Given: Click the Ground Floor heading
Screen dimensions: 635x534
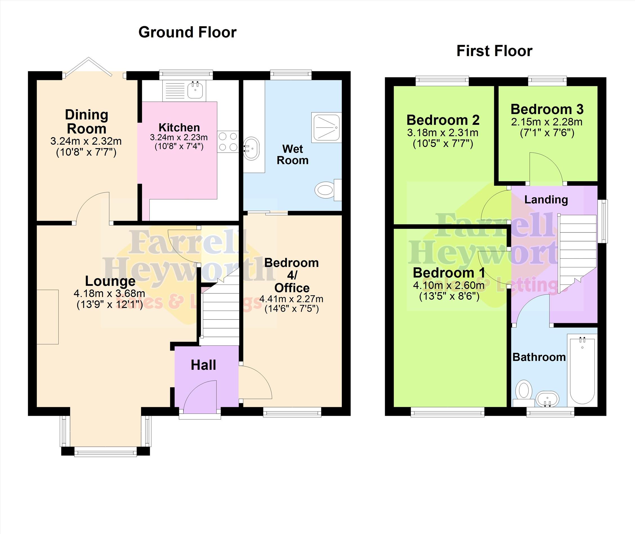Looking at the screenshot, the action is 187,32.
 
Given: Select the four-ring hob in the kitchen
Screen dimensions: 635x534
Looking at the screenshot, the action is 228,141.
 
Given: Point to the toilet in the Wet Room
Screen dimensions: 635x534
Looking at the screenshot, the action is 328,190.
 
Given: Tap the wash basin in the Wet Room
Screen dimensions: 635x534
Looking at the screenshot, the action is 252,149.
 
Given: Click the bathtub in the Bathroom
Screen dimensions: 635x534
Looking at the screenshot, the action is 582,370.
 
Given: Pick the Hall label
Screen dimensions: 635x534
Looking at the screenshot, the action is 204,365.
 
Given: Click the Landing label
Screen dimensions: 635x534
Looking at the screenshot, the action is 546,200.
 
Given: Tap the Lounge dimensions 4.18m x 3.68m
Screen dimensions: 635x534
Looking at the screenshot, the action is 109,293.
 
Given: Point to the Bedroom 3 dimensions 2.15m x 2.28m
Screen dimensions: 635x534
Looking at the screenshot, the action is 547,122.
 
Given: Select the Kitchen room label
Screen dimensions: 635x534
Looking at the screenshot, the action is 179,127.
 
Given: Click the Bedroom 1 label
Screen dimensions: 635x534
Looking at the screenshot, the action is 449,273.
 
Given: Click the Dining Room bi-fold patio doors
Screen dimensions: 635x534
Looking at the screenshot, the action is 94,68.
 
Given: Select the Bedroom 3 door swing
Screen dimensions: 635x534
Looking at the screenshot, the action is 546,168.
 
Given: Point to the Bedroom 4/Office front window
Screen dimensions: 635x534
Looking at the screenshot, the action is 292,412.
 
